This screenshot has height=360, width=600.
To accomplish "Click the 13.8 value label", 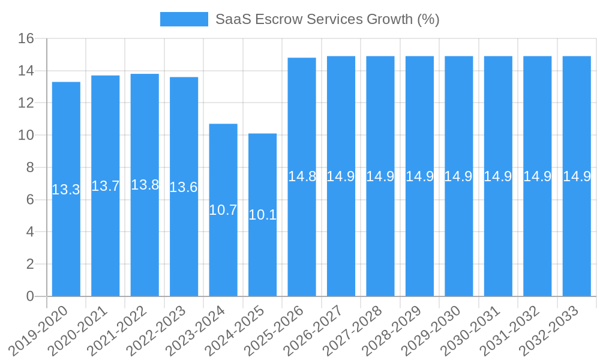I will (145, 185).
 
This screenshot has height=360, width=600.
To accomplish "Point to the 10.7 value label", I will (223, 210).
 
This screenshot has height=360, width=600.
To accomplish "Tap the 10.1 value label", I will (262, 215).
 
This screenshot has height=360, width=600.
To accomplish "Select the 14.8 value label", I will (302, 176).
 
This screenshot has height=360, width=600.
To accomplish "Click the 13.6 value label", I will (184, 187).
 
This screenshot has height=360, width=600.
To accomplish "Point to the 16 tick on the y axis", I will (26, 39).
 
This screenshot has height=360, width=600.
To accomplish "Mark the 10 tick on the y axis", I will (26, 136).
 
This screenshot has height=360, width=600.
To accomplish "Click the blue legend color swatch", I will (184, 19).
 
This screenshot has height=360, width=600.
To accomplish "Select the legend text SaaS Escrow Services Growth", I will (328, 19).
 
